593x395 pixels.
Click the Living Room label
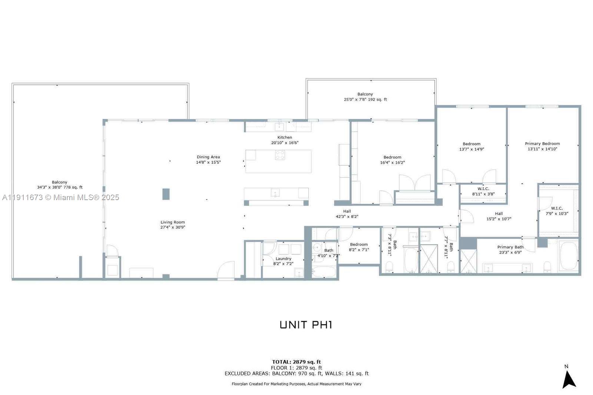click(173, 222)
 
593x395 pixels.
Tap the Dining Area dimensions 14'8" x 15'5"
click(208, 162)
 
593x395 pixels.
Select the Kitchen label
click(285, 137)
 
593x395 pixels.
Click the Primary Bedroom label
click(542, 144)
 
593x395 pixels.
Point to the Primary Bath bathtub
click(568, 256)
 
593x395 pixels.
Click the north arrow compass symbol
click(569, 379)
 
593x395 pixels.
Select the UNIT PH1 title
click(306, 325)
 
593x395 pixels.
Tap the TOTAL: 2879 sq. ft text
click(296, 362)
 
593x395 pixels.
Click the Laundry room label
click(284, 259)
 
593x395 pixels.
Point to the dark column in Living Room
click(166, 194)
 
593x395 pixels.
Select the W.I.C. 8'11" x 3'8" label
click(483, 192)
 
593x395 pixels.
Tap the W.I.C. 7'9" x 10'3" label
click(557, 211)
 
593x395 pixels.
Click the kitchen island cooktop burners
click(280, 155)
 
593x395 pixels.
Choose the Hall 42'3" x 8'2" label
click(347, 214)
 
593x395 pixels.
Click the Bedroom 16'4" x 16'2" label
click(392, 160)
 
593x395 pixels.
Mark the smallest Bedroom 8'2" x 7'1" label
click(359, 247)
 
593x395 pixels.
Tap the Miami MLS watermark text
click(60, 197)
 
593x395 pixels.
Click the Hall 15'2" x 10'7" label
click(499, 216)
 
